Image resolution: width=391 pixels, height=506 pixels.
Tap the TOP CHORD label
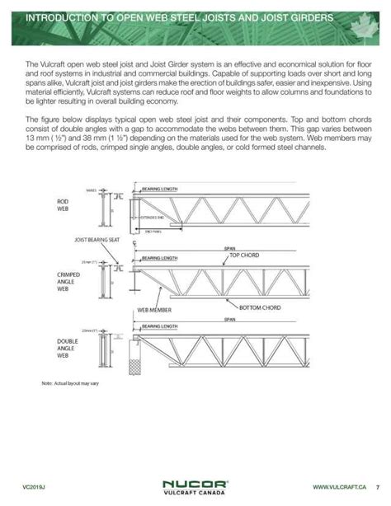[244, 256]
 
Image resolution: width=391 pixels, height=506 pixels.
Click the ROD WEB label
[62, 204]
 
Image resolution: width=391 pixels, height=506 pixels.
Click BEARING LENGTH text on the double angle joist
[159, 326]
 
